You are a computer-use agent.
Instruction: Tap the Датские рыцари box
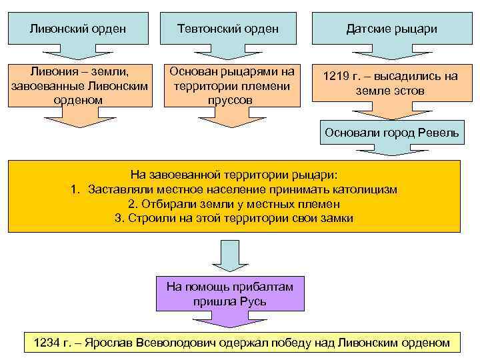[391, 29]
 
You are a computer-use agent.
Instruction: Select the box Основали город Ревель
[391, 132]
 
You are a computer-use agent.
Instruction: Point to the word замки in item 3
[337, 218]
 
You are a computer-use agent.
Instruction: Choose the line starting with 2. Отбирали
[234, 204]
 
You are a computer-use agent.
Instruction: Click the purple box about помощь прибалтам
[229, 294]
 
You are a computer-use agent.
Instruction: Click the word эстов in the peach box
[408, 90]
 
